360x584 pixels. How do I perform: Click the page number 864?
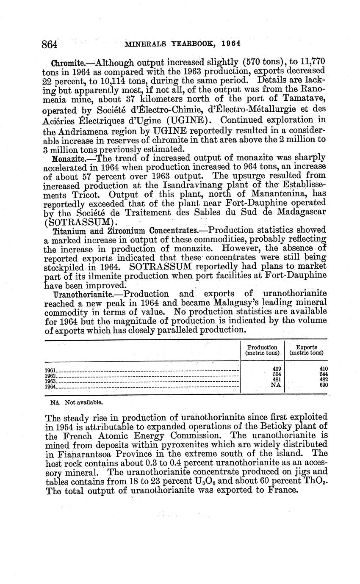(x=50, y=44)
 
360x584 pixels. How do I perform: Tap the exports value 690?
(x=324, y=385)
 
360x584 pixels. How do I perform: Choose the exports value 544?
(x=324, y=374)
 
